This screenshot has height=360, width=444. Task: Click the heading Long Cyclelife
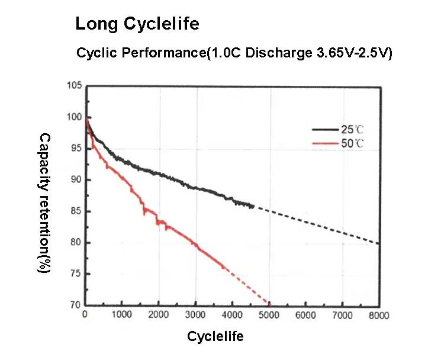tap(137, 24)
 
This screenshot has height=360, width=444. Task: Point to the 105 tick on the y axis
tap(75, 86)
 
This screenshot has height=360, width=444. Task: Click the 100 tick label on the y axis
tap(75, 117)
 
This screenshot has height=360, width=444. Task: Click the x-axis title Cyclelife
tap(215, 337)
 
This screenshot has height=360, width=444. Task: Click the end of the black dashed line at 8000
tap(379, 243)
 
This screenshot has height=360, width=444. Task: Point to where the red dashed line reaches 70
tap(269, 304)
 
